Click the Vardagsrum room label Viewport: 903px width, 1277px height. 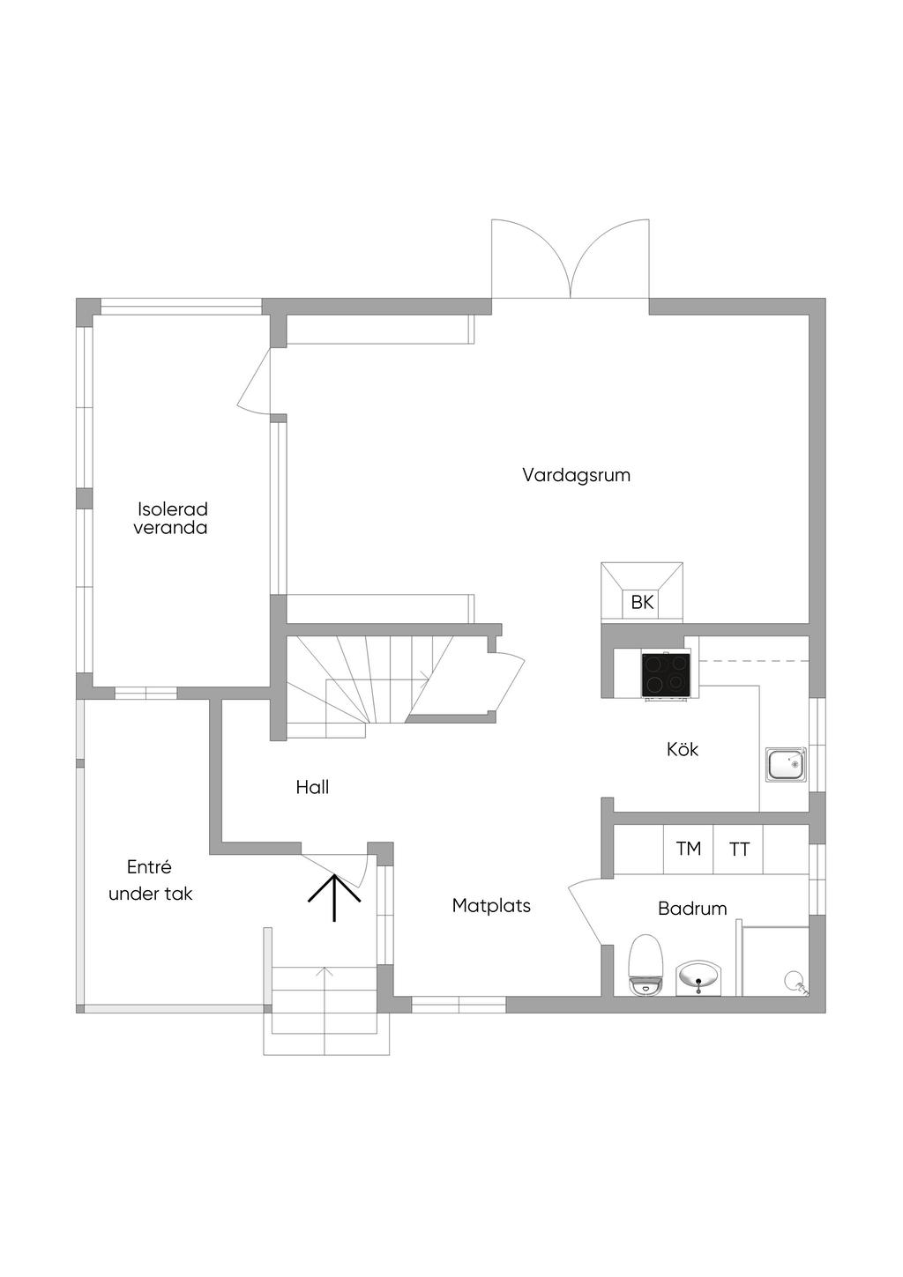point(576,475)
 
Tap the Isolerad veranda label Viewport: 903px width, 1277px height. point(171,518)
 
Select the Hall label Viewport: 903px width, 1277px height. point(312,787)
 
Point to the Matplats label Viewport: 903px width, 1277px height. point(491,905)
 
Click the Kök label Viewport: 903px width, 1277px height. point(683,749)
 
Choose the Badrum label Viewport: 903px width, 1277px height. point(692,908)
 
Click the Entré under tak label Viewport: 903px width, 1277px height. point(150,880)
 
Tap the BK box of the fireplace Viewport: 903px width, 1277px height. point(642,603)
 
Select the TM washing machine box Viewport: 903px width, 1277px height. point(688,849)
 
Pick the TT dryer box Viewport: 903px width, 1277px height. point(739,850)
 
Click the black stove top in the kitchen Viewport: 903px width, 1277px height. point(666,674)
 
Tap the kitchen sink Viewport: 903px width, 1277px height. point(786,764)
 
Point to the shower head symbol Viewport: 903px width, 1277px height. point(795,981)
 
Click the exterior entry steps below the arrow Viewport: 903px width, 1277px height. point(326,1009)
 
